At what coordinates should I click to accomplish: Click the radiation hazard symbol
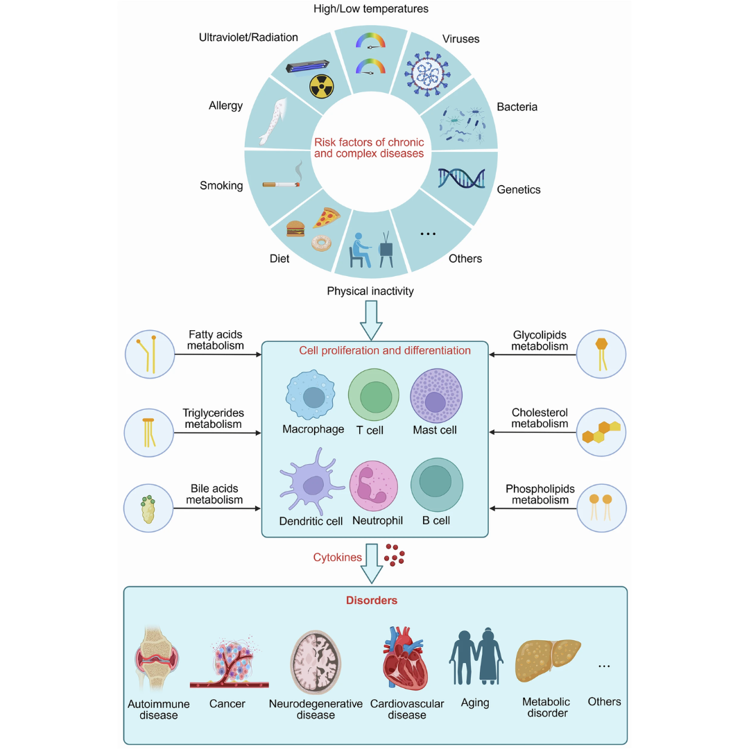point(321,87)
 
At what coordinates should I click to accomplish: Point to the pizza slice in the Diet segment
point(325,218)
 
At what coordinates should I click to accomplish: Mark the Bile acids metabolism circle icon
point(149,508)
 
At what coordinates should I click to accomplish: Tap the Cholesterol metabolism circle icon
point(601,431)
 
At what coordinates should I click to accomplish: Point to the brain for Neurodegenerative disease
point(315,662)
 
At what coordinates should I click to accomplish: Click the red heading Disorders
point(372,601)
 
